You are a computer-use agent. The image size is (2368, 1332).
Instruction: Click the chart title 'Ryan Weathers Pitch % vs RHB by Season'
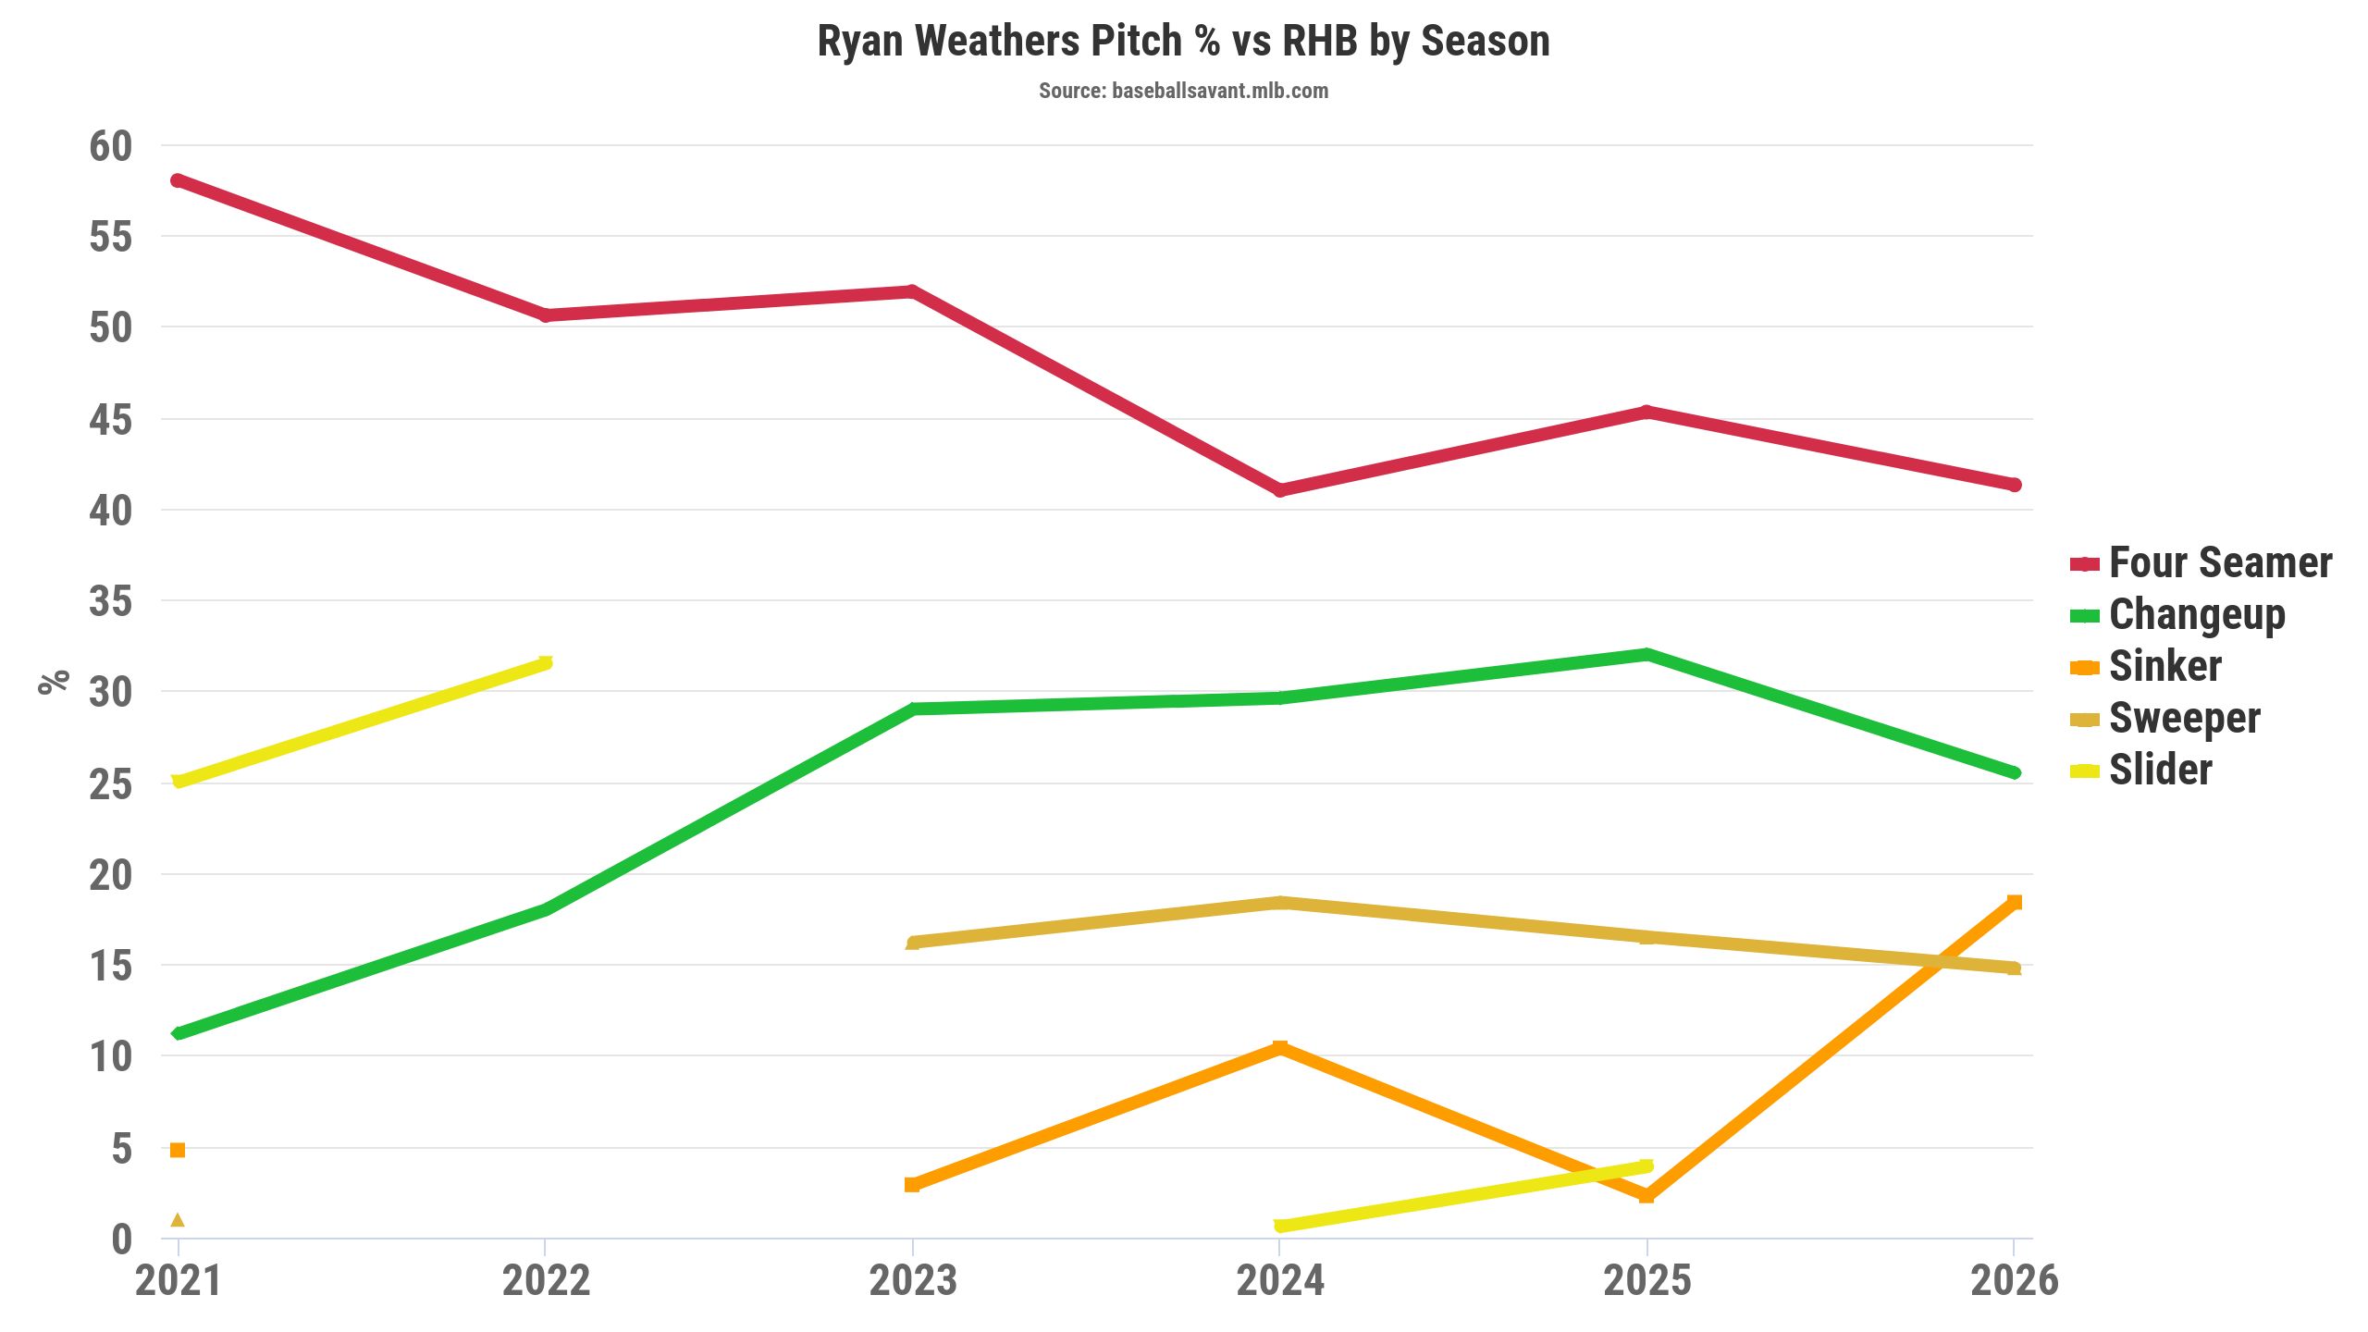click(1183, 42)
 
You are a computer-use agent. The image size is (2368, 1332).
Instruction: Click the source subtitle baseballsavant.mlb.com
click(1183, 91)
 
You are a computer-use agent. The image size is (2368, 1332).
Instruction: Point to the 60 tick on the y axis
click(111, 146)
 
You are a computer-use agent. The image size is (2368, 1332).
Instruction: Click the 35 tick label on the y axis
click(111, 602)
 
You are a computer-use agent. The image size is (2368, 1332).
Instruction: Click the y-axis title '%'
click(54, 681)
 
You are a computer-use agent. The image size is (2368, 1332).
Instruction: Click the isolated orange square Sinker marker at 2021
click(178, 1150)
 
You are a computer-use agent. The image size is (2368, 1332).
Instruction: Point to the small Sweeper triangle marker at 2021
click(178, 1220)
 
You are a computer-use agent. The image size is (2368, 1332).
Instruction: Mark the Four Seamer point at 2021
click(178, 180)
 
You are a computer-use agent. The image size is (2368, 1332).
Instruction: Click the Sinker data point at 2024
click(1280, 1047)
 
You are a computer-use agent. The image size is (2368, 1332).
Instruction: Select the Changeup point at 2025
click(1646, 655)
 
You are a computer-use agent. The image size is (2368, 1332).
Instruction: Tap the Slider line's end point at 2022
click(545, 662)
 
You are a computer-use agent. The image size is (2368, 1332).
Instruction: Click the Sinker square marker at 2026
click(2014, 902)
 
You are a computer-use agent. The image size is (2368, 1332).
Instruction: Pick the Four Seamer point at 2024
click(1280, 490)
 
